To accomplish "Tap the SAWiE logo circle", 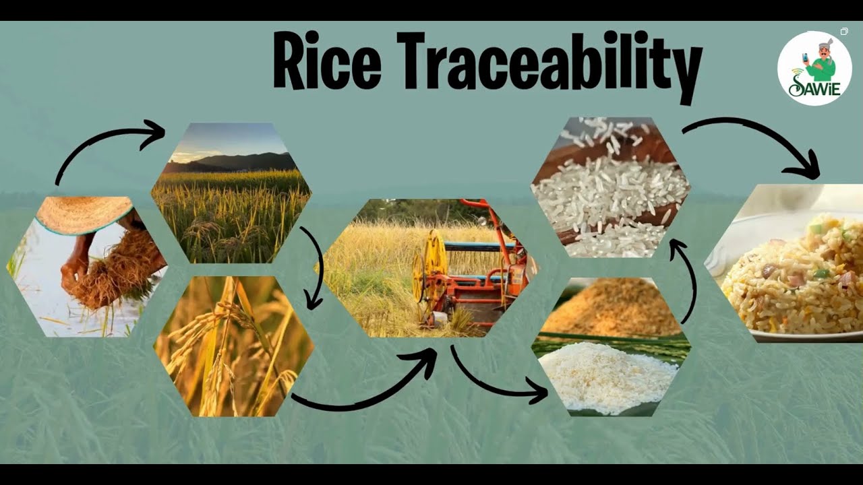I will click(x=814, y=67).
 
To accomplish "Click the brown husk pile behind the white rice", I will click(x=610, y=310).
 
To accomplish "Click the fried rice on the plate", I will click(x=792, y=276).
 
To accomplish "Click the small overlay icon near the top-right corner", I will click(x=844, y=32).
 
